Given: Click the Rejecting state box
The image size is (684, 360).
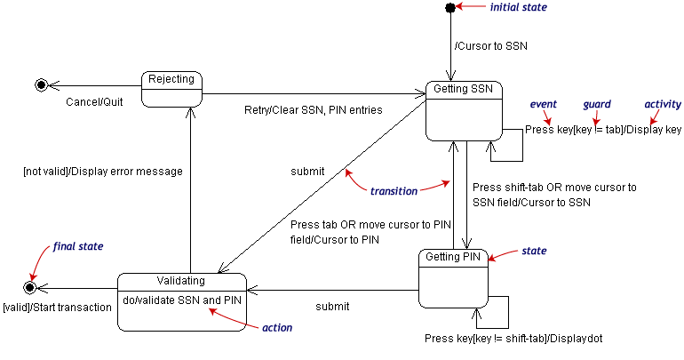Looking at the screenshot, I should [x=171, y=88].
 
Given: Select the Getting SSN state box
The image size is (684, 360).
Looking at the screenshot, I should [x=463, y=110].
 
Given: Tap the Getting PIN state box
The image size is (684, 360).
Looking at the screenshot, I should [x=453, y=278].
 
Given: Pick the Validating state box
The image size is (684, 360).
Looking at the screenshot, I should [x=181, y=302].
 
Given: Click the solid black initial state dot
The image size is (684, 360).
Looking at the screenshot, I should [x=450, y=8].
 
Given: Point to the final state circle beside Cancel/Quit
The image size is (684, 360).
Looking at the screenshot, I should [x=40, y=85].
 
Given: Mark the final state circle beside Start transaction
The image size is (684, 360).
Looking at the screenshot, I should [x=30, y=288].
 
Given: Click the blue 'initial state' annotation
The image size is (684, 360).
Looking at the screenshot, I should [x=519, y=7].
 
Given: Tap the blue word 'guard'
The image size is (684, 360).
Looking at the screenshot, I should [x=596, y=104].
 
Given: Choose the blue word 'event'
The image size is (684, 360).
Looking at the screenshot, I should [x=543, y=104].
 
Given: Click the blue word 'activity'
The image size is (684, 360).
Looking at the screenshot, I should [x=662, y=104].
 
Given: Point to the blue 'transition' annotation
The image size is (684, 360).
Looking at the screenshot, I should [x=394, y=191].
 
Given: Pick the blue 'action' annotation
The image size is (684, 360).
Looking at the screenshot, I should [x=277, y=327].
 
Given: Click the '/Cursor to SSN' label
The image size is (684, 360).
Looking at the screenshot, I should [x=490, y=46].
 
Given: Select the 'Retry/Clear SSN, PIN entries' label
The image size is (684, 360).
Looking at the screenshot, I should [x=313, y=110].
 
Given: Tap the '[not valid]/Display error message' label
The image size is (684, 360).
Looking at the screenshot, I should [x=103, y=172].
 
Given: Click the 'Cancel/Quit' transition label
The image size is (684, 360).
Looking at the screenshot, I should [x=94, y=101].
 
